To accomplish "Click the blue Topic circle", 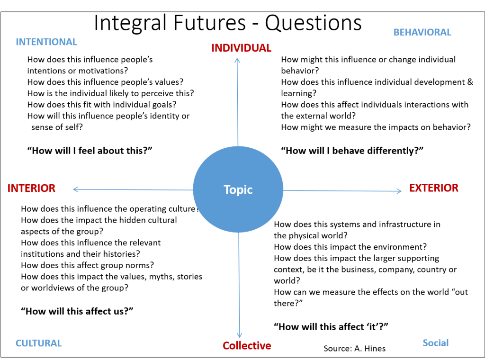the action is coord(238,189).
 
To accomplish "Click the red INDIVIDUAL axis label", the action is coord(241,48).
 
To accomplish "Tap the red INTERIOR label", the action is coord(31,188).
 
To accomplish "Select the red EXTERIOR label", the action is coord(434,188).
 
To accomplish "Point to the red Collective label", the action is coord(247,345).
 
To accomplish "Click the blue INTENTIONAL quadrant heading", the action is coord(46,42).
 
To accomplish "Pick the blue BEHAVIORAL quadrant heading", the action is coord(422,32).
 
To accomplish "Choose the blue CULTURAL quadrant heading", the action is coord(39,343).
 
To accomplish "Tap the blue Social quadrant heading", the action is coord(436,342).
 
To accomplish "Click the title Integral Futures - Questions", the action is coord(228,22).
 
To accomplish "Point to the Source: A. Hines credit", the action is coord(354,349).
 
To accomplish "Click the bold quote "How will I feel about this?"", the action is coord(90,151).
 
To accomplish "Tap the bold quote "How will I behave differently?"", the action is coord(352,151).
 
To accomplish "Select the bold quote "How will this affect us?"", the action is coord(77,311).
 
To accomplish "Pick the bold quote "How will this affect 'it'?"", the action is coord(331,326).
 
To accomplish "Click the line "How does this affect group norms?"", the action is coord(87,265).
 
